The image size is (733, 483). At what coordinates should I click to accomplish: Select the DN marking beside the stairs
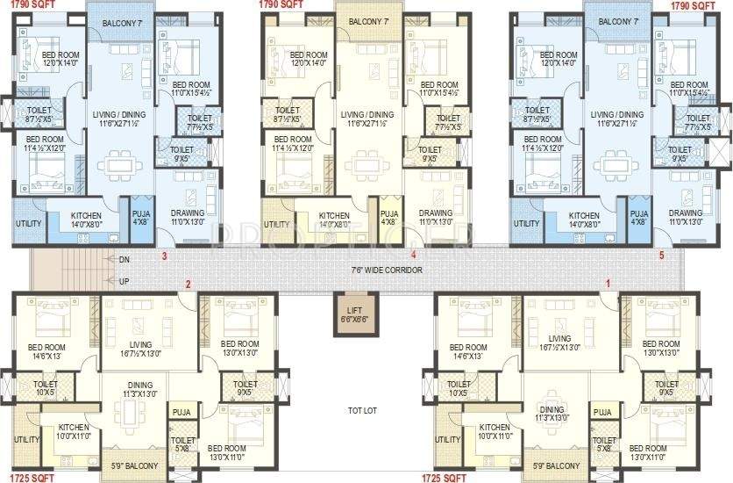(x=125, y=259)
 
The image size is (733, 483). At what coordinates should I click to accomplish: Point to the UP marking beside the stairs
(x=125, y=280)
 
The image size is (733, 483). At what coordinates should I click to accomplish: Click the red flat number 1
(x=607, y=283)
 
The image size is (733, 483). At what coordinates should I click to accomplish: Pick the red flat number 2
(x=187, y=283)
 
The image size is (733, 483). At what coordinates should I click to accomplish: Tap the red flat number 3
(x=164, y=256)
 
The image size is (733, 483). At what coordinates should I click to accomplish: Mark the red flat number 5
(x=663, y=256)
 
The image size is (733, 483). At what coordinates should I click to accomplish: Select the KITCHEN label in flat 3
(x=85, y=214)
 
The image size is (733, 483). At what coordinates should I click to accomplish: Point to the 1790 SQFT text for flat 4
(x=281, y=4)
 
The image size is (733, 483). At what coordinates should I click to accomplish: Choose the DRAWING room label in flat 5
(x=686, y=213)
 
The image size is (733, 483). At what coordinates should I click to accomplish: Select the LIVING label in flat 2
(x=140, y=343)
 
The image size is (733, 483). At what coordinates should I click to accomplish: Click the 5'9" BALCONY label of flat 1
(x=557, y=465)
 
